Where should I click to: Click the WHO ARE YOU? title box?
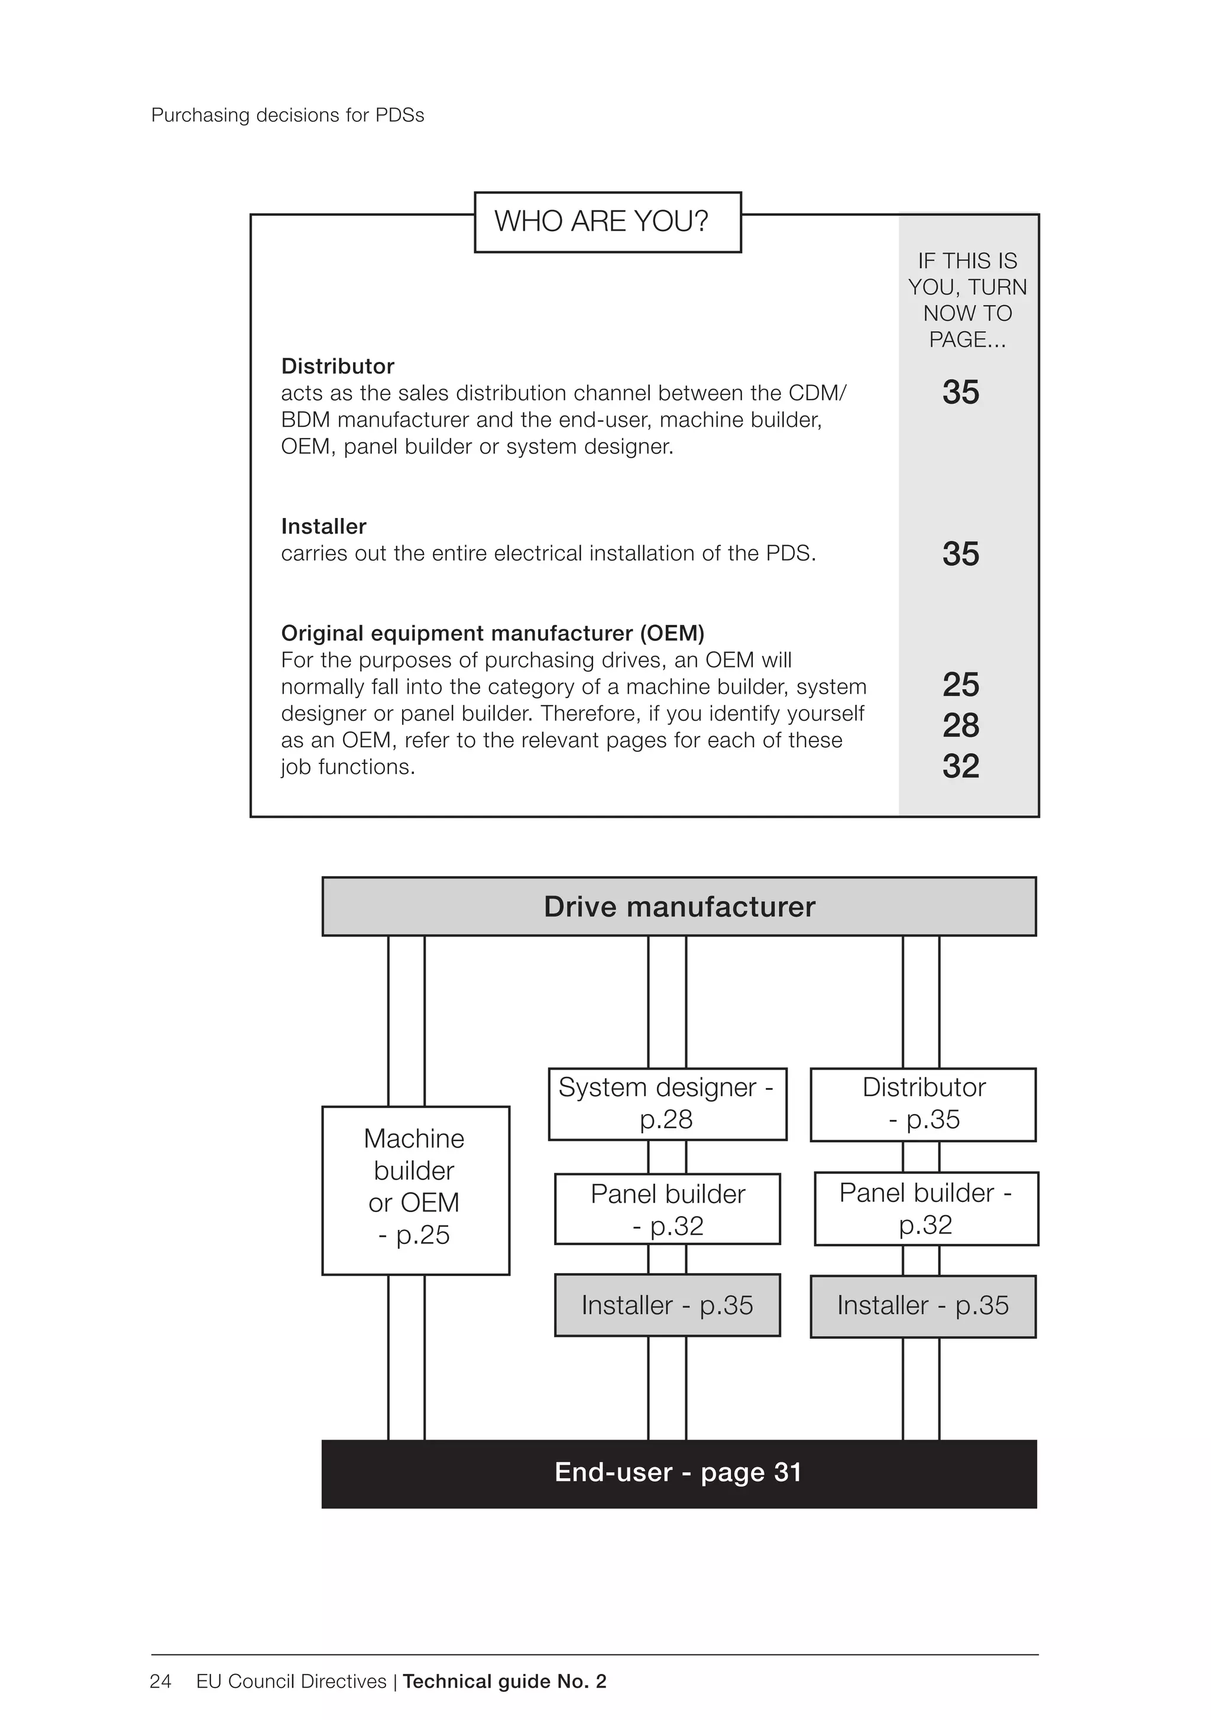(x=607, y=222)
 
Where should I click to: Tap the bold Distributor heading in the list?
(x=337, y=367)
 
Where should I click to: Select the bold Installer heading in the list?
(x=323, y=527)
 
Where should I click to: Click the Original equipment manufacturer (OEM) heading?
(x=493, y=634)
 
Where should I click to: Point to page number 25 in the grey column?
(x=961, y=685)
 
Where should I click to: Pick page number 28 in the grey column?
(x=961, y=725)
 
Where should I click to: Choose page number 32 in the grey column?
(x=961, y=766)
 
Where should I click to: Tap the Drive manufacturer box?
(x=679, y=906)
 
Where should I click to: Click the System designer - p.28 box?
(x=667, y=1104)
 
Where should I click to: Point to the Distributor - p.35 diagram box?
(x=923, y=1104)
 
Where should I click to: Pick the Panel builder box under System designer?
(x=667, y=1209)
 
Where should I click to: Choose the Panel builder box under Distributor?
(x=925, y=1209)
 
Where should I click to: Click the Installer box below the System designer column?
(x=667, y=1305)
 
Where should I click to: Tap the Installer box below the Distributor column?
(x=922, y=1305)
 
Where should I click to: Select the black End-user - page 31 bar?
(x=679, y=1473)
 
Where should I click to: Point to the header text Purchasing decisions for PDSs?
(x=288, y=115)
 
